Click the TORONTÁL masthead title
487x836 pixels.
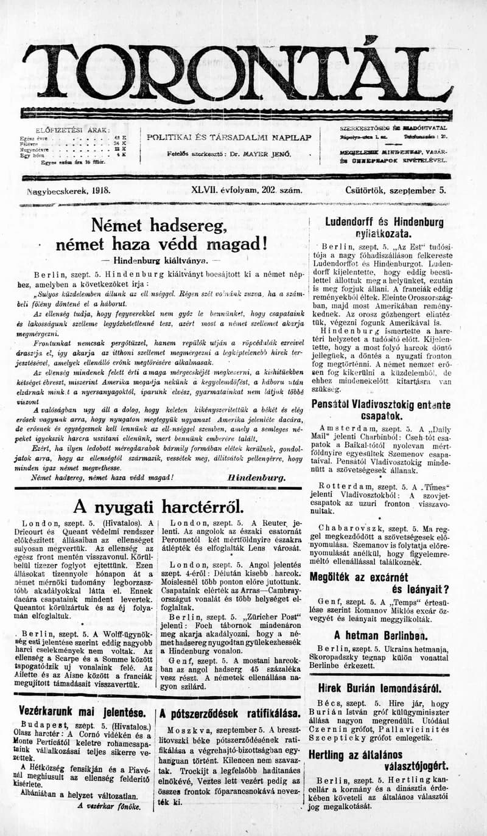coord(237,73)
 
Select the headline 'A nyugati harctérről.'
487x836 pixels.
coord(158,506)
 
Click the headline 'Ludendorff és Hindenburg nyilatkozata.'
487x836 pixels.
coord(384,227)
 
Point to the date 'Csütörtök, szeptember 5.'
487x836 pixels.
coord(396,190)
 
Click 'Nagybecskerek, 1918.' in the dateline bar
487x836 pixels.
coord(69,190)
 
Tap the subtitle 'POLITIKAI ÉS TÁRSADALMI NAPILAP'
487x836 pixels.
coord(229,137)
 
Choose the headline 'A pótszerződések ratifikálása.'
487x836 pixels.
coord(230,714)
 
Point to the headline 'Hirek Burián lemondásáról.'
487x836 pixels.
coord(383,689)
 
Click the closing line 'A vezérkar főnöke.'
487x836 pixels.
coord(108,806)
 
